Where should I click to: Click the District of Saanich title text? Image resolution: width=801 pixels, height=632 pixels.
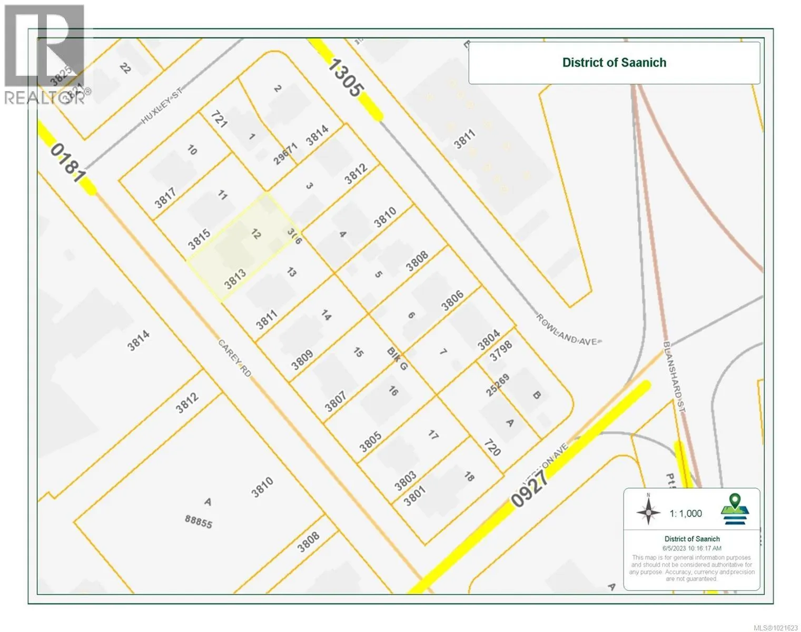[614, 63]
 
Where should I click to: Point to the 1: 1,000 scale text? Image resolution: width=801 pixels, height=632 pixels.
[686, 513]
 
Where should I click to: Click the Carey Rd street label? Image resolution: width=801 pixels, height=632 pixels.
[235, 358]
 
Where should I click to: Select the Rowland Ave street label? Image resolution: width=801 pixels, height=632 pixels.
[568, 329]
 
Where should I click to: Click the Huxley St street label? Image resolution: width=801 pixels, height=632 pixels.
[161, 106]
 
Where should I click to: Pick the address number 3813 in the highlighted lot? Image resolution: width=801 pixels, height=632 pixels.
[235, 279]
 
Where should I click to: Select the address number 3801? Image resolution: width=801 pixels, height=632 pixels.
[414, 496]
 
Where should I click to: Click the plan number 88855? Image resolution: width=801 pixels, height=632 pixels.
[199, 521]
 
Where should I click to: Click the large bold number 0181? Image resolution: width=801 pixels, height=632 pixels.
[68, 163]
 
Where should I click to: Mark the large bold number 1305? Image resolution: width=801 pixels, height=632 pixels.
[345, 77]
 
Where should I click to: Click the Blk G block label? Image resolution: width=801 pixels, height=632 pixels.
[397, 358]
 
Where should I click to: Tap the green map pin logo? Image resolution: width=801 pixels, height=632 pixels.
[735, 509]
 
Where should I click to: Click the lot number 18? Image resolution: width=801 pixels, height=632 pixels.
[469, 477]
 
